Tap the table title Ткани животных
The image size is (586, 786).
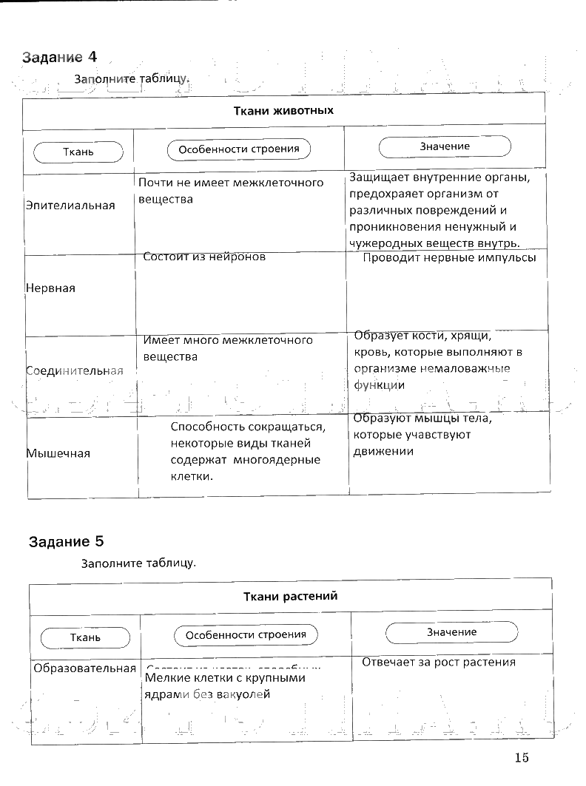pyautogui.click(x=284, y=111)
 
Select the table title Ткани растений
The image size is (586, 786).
pyautogui.click(x=290, y=597)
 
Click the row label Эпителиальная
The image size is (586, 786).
pyautogui.click(x=70, y=206)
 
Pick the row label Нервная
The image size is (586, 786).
pyautogui.click(x=50, y=288)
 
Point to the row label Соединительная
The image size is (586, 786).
pyautogui.click(x=74, y=370)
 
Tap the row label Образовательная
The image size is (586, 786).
pyautogui.click(x=85, y=668)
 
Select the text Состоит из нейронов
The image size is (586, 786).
pyautogui.click(x=204, y=257)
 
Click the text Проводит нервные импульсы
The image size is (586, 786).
pyautogui.click(x=449, y=258)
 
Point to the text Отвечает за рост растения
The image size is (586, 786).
pyautogui.click(x=438, y=662)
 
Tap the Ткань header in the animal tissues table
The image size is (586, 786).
pyautogui.click(x=78, y=152)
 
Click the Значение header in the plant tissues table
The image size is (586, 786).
pyautogui.click(x=451, y=632)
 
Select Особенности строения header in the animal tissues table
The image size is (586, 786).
pyautogui.click(x=239, y=149)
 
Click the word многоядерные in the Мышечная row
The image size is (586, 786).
pyautogui.click(x=278, y=460)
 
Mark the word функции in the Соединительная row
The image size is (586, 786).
pyautogui.click(x=379, y=384)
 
